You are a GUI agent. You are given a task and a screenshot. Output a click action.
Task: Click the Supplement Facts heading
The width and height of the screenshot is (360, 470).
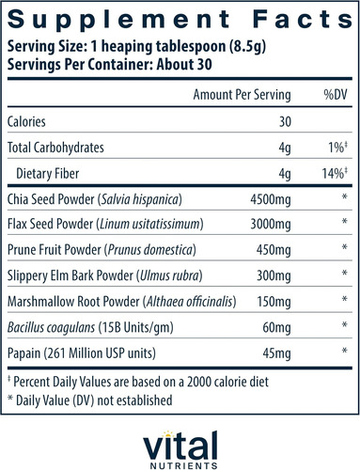coord(180,21)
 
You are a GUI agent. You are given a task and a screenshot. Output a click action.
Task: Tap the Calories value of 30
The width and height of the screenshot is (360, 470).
coord(285,121)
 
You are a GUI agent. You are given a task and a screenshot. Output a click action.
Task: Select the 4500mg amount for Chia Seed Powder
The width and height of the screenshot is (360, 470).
coord(271,199)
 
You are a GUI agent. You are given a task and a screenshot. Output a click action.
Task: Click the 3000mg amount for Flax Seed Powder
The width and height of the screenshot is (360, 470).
coord(271,225)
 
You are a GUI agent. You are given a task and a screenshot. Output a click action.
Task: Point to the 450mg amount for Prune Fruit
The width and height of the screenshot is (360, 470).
coord(274,250)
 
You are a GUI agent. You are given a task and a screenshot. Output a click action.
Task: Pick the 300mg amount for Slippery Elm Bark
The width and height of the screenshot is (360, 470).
coord(274,275)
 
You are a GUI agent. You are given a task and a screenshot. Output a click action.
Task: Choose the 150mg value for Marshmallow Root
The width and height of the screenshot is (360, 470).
coord(274,302)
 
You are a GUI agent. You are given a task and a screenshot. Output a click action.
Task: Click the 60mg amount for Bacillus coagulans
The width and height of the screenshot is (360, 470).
coord(277,327)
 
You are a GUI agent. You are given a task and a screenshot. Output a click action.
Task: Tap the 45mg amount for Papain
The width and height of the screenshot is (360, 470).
coord(277,353)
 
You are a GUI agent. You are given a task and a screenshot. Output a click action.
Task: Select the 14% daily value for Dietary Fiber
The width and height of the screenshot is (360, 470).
coord(335,173)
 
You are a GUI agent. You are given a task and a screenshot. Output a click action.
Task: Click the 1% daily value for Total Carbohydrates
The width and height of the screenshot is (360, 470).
coord(337,148)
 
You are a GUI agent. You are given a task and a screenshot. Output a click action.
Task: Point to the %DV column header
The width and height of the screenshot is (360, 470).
coord(336,95)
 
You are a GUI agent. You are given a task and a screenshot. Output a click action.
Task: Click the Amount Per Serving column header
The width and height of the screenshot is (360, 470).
coord(242,95)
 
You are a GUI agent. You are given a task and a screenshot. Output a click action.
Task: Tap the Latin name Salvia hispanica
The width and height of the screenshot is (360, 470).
coord(139,199)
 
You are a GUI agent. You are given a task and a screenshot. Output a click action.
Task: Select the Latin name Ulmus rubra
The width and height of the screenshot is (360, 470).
coord(169,275)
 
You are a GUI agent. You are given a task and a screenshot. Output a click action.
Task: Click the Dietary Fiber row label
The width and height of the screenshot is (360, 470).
coord(48,174)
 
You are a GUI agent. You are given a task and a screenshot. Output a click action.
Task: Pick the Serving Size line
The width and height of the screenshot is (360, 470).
coord(136,47)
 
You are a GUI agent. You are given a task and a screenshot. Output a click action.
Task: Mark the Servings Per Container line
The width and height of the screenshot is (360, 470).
coord(110,65)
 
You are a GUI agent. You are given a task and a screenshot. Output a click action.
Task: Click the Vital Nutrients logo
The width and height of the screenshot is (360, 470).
coord(180,450)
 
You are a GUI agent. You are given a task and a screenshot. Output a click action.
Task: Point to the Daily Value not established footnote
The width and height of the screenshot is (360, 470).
coord(90,400)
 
